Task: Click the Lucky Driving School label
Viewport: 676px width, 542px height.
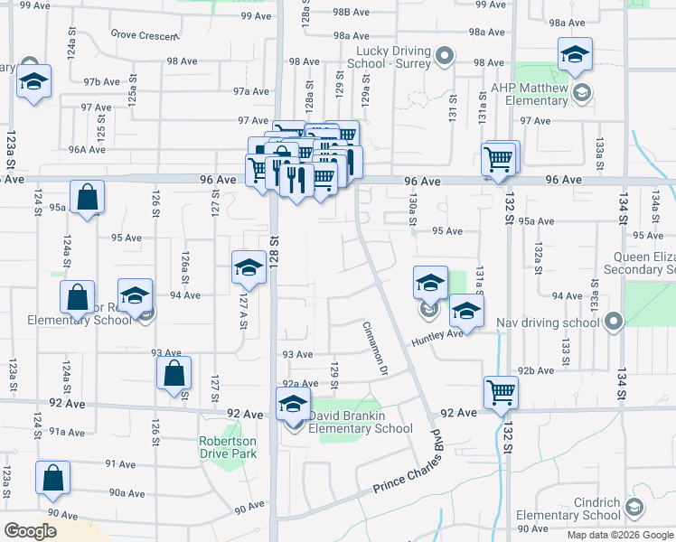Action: click(x=395, y=58)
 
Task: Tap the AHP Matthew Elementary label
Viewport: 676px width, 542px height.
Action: click(x=530, y=94)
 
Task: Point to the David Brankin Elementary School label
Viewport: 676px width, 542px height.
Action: click(x=361, y=422)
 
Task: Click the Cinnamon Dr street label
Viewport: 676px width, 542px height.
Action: click(x=375, y=349)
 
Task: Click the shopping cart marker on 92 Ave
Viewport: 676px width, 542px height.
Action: click(x=501, y=392)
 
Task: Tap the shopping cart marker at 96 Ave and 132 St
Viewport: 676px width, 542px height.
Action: click(x=499, y=159)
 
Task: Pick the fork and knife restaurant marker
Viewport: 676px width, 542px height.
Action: click(x=296, y=179)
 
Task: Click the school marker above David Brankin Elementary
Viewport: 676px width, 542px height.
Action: click(x=293, y=404)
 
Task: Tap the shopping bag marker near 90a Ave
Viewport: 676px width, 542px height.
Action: click(x=53, y=476)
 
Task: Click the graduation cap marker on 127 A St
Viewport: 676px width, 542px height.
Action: click(x=249, y=266)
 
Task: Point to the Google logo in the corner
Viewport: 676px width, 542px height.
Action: click(x=31, y=531)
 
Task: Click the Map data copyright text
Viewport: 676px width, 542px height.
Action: click(x=620, y=535)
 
